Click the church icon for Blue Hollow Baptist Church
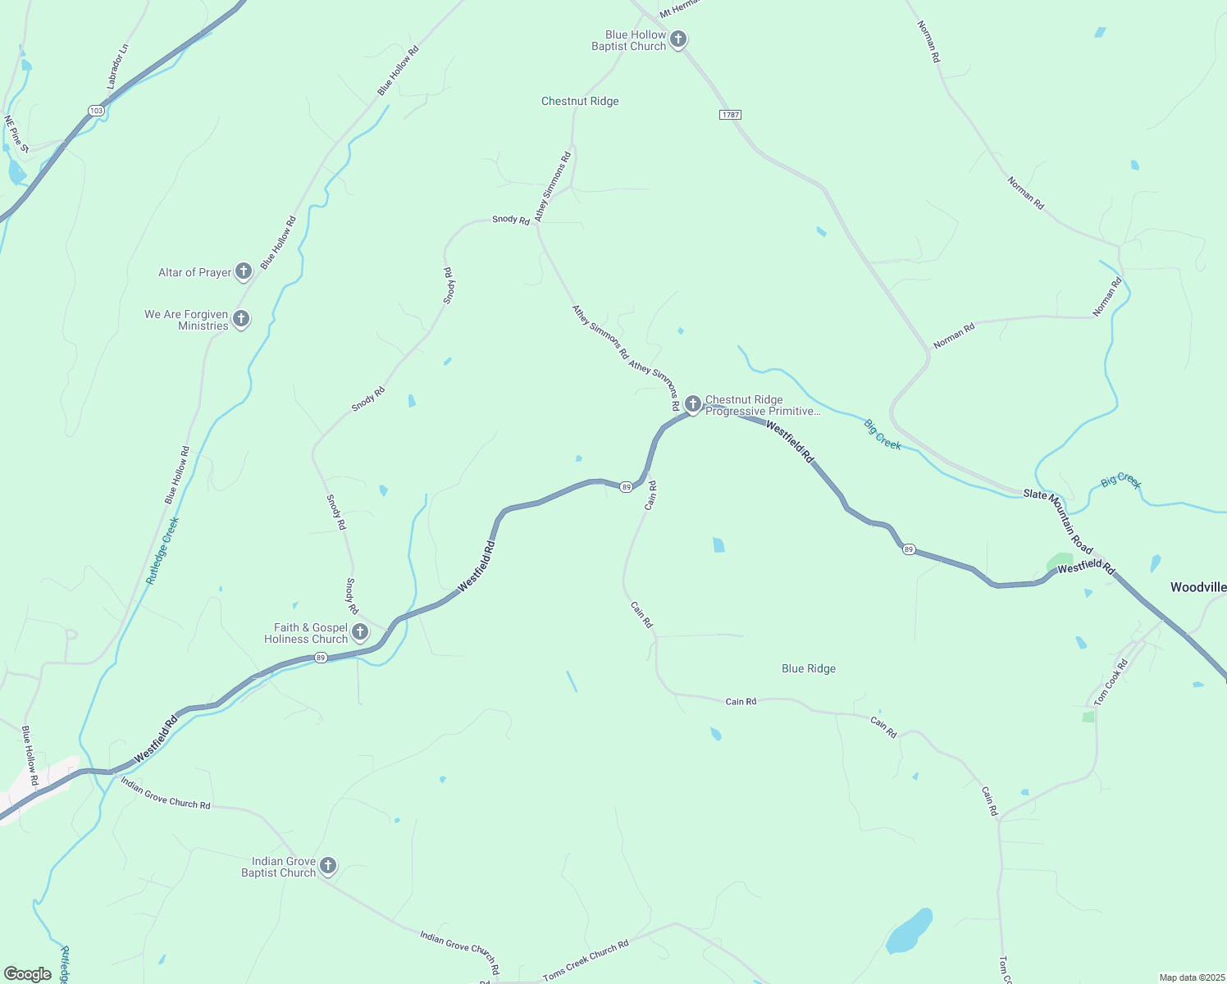click(x=678, y=39)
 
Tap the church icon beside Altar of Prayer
click(x=243, y=271)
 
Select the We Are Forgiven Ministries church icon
click(x=241, y=319)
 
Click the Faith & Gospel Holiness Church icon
click(x=360, y=632)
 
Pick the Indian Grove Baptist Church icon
click(x=328, y=866)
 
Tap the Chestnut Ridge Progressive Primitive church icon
click(x=693, y=404)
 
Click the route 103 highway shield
click(x=96, y=111)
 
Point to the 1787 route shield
click(x=730, y=115)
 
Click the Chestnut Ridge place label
click(x=580, y=102)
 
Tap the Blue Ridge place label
click(x=809, y=669)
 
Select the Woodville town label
click(x=1198, y=587)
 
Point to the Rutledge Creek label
click(x=162, y=550)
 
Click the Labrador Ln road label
click(x=117, y=67)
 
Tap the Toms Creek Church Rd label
click(x=586, y=961)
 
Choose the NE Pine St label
click(x=16, y=134)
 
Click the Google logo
click(x=27, y=974)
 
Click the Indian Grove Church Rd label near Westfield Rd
click(x=165, y=793)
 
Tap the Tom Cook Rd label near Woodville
click(x=1111, y=681)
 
